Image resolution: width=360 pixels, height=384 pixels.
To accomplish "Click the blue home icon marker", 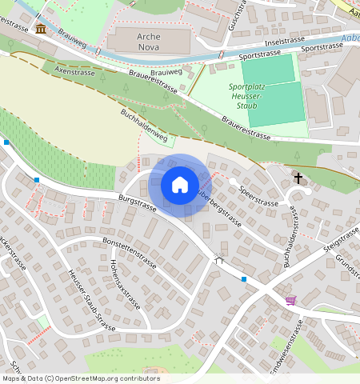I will [180, 185].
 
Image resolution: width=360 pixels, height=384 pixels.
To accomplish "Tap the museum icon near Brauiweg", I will [40, 30].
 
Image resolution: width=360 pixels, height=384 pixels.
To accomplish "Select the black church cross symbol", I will [298, 178].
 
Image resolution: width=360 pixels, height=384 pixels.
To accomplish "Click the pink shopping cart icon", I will [290, 301].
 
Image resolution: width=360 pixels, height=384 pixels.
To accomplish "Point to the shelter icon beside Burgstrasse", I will [219, 259].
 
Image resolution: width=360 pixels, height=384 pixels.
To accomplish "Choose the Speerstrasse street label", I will [258, 194].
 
